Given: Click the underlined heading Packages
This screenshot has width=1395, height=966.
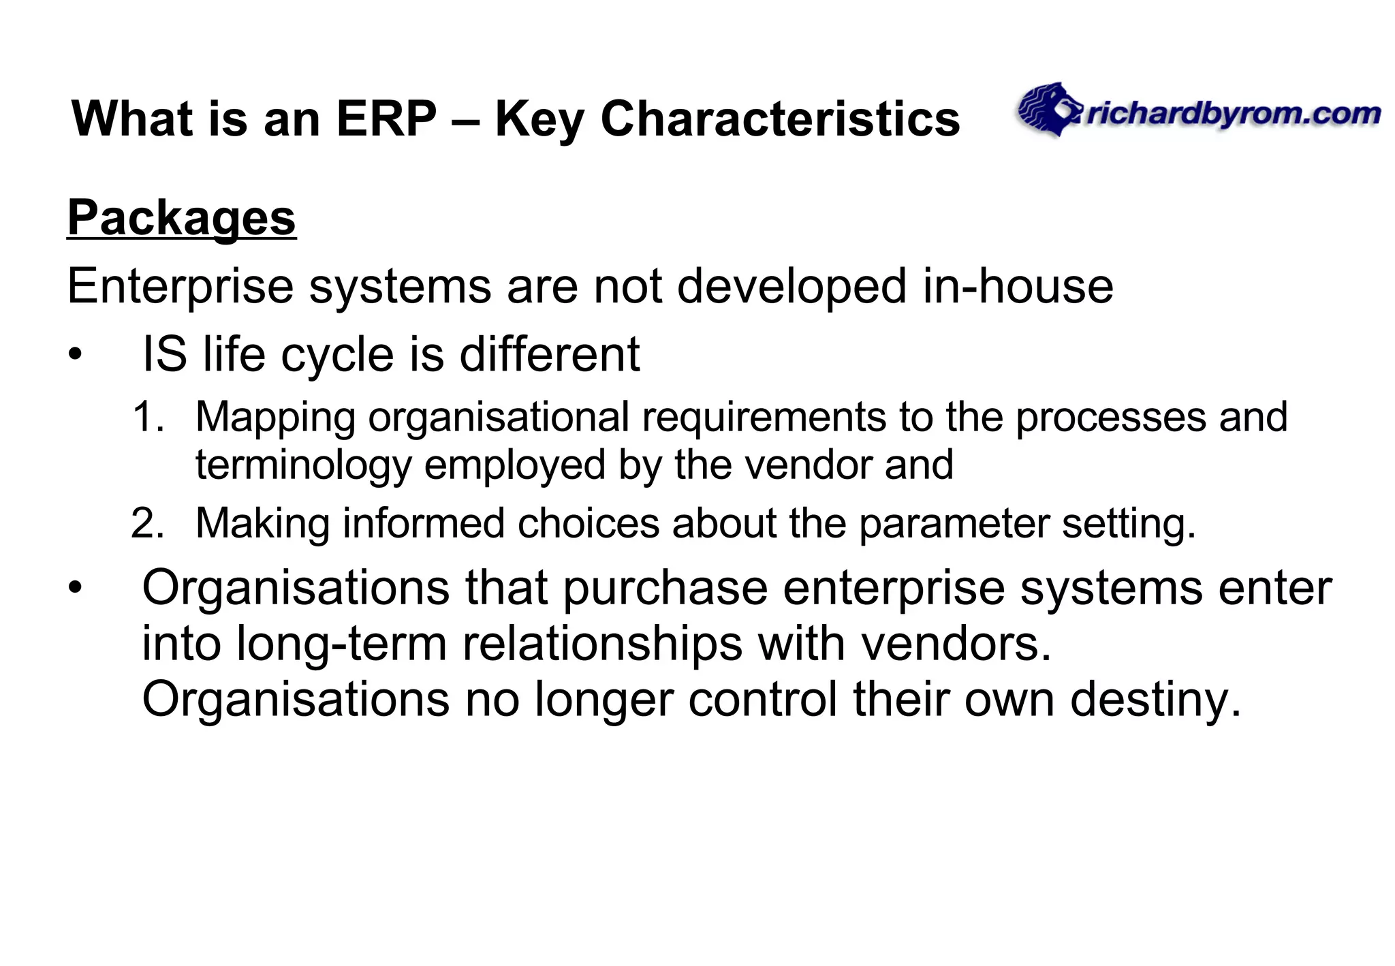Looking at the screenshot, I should tap(181, 219).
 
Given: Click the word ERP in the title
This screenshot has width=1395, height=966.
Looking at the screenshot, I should tap(386, 119).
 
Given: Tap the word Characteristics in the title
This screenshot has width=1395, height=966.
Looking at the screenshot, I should tap(780, 119).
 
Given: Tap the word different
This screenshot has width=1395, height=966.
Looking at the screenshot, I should tap(550, 355).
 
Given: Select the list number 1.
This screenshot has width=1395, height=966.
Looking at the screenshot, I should tap(148, 417).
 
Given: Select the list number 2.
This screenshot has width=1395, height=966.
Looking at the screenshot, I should tap(148, 524).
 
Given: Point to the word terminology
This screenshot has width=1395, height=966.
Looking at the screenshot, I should tap(304, 466).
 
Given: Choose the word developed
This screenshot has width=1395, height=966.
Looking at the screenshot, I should tap(791, 286).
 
